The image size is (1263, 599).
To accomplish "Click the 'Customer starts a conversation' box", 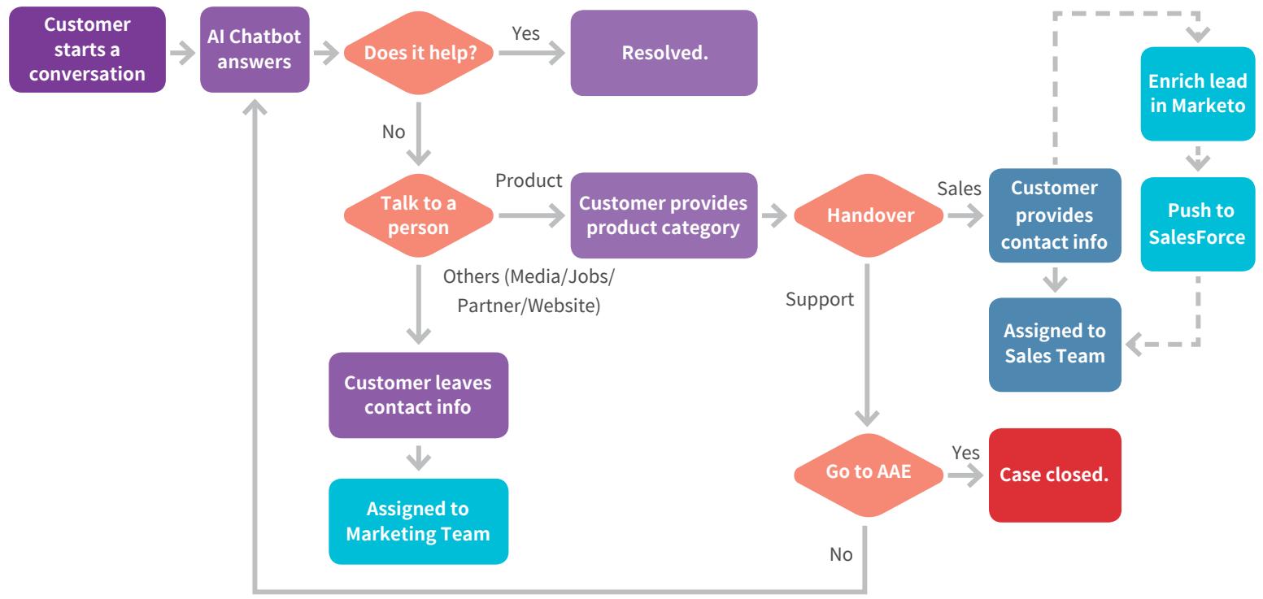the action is [87, 50].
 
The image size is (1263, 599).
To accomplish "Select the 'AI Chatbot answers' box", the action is [255, 50].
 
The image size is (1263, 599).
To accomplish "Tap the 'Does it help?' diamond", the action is [418, 53].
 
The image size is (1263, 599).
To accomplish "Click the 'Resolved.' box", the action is [664, 53].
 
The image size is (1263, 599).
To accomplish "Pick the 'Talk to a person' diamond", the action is [418, 216].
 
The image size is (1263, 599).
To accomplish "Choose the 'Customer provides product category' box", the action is [664, 216].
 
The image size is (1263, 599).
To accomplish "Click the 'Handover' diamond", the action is [869, 216].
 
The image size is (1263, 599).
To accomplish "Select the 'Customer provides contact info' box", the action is [1055, 215].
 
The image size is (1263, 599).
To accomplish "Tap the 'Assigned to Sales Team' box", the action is [1055, 345].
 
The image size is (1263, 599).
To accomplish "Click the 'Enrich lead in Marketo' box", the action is [1198, 93].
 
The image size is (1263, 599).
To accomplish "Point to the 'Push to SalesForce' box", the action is [1198, 224].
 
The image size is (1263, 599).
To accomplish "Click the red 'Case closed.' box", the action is [1055, 475].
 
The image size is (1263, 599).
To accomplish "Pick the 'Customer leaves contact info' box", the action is [418, 395].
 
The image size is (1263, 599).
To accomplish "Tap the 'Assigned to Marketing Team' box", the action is [418, 521].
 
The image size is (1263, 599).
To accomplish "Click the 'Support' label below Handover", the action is [819, 299].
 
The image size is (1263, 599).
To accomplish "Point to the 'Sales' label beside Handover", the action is [959, 189].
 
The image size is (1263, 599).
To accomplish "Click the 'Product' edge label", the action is [529, 180].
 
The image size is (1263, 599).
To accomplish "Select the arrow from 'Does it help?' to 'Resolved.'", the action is [532, 53].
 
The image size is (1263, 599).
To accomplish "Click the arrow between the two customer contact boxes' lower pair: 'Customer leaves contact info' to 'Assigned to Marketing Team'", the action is [418, 458].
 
